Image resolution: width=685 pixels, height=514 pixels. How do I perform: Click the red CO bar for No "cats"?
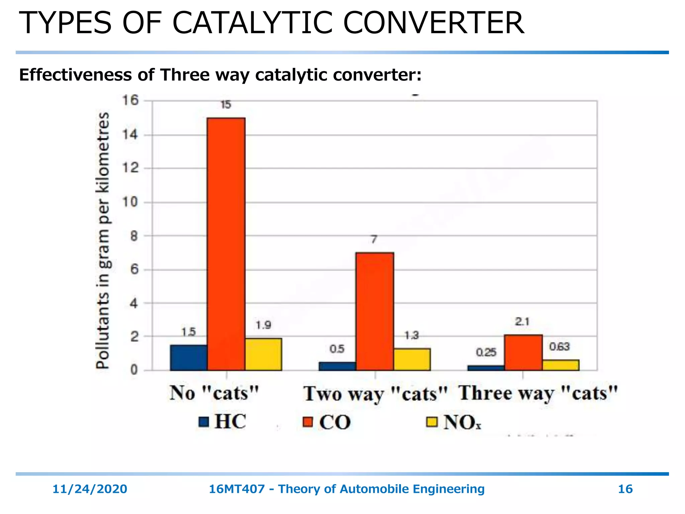tap(226, 244)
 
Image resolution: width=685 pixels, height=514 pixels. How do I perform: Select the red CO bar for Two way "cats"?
tap(375, 311)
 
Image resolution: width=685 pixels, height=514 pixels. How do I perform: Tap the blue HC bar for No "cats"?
tap(189, 358)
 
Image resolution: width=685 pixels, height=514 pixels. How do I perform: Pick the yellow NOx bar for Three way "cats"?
tap(561, 365)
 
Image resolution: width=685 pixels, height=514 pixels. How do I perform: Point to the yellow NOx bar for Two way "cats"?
tap(412, 359)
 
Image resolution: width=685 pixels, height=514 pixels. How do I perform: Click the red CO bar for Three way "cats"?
tap(523, 353)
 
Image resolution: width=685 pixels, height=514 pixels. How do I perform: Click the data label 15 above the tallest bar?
tap(226, 105)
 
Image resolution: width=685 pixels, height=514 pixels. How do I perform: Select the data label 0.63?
tap(559, 347)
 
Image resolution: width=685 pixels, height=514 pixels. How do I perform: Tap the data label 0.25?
tap(486, 352)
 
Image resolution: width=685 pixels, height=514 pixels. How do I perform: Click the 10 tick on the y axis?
tap(130, 202)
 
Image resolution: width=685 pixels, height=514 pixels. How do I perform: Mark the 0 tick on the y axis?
tap(134, 370)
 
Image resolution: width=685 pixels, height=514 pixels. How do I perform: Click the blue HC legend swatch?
tap(204, 422)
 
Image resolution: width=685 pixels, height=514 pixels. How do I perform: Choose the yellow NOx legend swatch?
tap(432, 422)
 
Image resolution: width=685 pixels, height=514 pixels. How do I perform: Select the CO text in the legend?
tap(335, 422)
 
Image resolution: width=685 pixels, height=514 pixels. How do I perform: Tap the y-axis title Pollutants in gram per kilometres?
tap(103, 240)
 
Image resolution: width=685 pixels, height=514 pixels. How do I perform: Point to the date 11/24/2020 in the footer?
tap(90, 489)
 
